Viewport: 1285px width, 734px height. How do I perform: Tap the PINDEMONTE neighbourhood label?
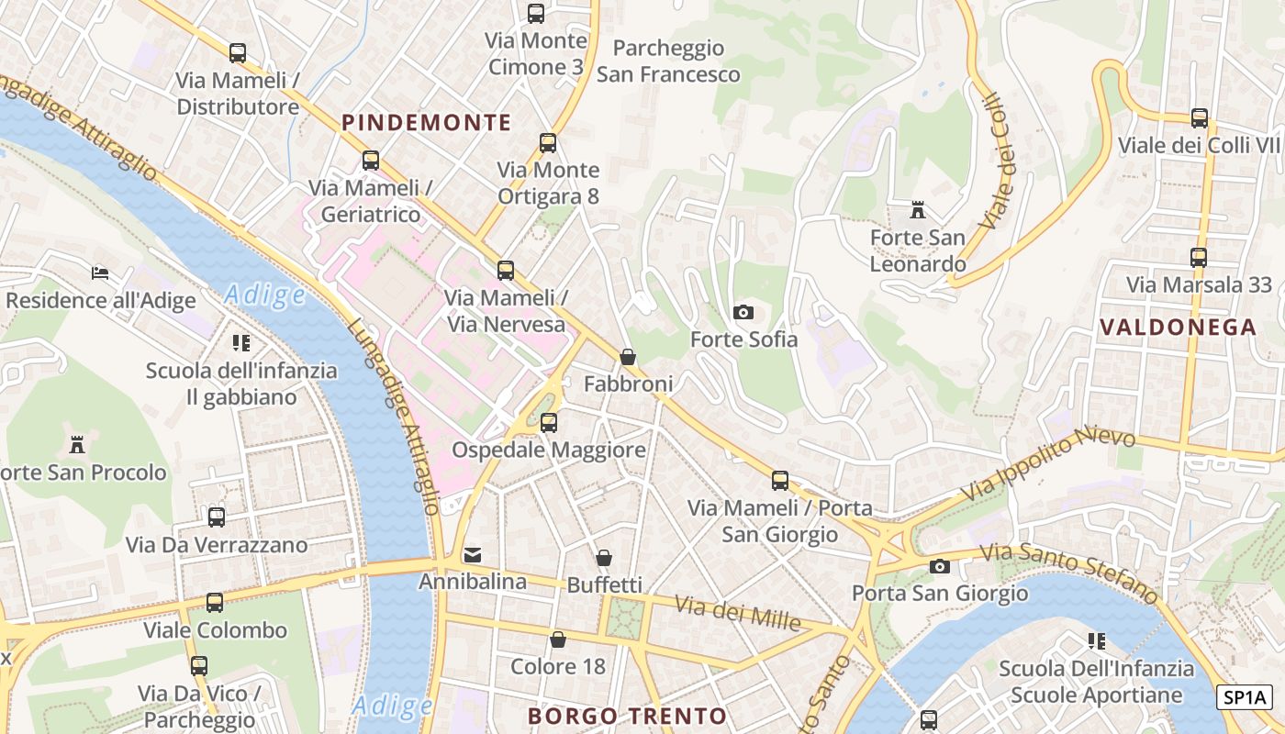(x=426, y=122)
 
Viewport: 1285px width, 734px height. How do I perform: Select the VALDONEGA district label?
(x=1178, y=327)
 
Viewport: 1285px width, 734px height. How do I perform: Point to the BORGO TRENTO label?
(x=628, y=716)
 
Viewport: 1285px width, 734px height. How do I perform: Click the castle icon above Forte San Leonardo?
(x=917, y=211)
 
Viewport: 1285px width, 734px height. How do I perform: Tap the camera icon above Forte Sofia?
(x=743, y=313)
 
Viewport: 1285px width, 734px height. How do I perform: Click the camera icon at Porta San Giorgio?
(x=939, y=566)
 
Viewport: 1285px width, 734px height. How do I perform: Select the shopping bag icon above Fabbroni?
(x=628, y=357)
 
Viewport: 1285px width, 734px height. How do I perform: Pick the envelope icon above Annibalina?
(x=473, y=554)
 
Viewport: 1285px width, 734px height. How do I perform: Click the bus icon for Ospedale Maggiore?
(x=548, y=423)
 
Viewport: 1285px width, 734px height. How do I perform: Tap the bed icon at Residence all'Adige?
(x=100, y=273)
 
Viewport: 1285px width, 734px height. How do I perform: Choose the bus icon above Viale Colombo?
(x=215, y=603)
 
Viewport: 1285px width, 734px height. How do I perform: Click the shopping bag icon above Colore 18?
(x=557, y=639)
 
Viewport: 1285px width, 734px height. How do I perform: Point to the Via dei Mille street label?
(x=738, y=613)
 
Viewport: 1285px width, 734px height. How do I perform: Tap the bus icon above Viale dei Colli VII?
(x=1199, y=118)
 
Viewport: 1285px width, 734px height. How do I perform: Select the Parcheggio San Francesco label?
(x=668, y=61)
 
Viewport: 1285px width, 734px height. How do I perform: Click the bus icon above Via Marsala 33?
(x=1198, y=258)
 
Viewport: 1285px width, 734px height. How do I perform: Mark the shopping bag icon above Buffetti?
(x=604, y=558)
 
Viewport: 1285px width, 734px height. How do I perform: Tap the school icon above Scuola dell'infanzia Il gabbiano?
(x=241, y=344)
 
